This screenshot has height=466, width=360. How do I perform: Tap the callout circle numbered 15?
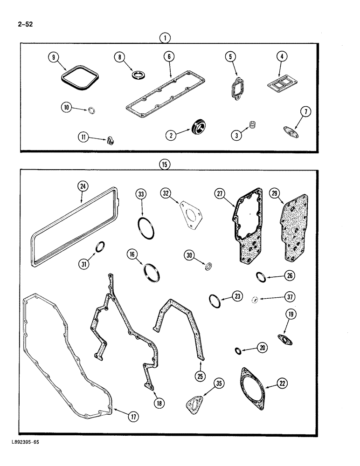(165, 164)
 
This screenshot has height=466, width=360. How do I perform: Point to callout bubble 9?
(54, 57)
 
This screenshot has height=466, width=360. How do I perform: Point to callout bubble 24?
(83, 187)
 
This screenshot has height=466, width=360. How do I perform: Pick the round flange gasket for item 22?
(252, 384)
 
